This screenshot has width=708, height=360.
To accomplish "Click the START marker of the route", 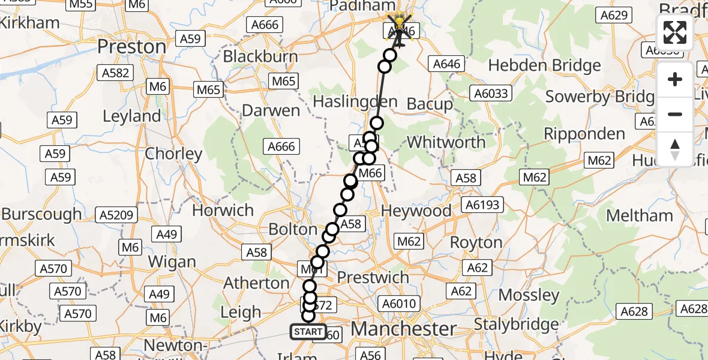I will pos(309,332).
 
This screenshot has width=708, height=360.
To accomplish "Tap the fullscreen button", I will pos(675,32).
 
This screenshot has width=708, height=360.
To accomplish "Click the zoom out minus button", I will pos(675,114).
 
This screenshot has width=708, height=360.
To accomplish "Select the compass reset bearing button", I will pos(675,149).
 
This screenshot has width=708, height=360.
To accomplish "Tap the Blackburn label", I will pos(260,57).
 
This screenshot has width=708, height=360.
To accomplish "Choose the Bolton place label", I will pos(293,229).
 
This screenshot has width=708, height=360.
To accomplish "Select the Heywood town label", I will pos(416,211).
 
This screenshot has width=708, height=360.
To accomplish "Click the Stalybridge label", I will pos(516,325).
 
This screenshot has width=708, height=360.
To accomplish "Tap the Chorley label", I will pos(173,154).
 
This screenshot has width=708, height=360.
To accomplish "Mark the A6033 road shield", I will pos(490,93).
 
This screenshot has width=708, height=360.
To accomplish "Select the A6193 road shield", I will pos(482,205).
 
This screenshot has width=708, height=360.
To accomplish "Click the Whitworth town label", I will pos(446,142).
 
